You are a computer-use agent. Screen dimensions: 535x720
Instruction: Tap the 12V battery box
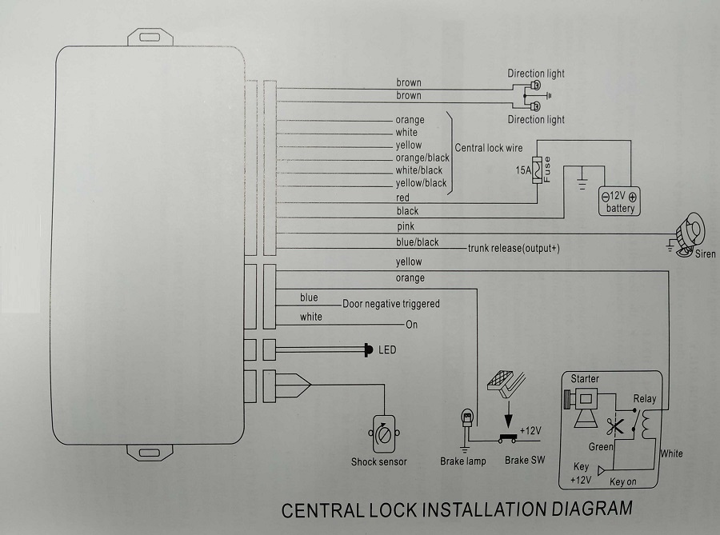620,201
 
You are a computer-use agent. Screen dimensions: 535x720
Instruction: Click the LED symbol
368,349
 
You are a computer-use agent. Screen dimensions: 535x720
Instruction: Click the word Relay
645,398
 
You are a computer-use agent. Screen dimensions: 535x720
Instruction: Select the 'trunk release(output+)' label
514,249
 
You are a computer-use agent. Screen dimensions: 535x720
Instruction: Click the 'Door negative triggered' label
391,304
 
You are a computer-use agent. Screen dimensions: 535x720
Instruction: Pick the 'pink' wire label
406,227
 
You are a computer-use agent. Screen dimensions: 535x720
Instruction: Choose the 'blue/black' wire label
417,242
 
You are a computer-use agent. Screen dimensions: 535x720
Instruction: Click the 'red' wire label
402,198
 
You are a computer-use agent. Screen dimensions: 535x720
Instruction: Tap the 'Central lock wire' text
488,148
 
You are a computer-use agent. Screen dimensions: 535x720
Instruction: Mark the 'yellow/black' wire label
421,183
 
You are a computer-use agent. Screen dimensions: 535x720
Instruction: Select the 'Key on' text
622,483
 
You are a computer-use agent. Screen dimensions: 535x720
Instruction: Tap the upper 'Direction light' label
536,74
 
